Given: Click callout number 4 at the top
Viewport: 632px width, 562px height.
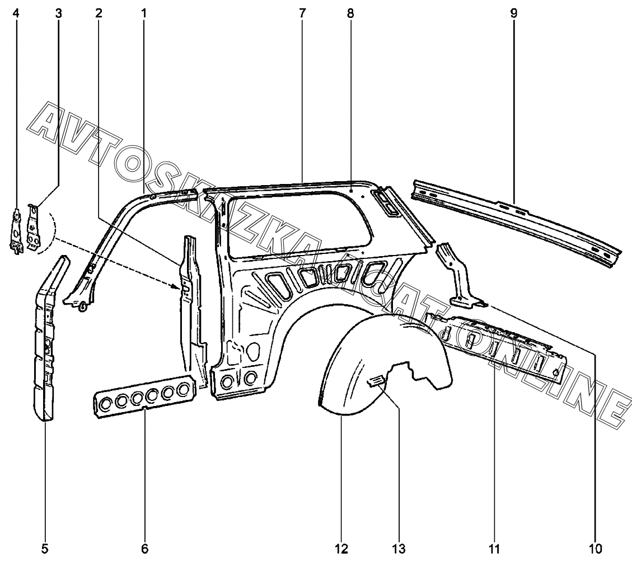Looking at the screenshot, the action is pyautogui.click(x=16, y=13).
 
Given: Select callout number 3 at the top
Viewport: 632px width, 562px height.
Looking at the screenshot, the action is pyautogui.click(x=59, y=13).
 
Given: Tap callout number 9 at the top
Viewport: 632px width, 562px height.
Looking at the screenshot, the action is pyautogui.click(x=513, y=13).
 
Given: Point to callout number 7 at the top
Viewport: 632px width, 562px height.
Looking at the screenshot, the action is pyautogui.click(x=302, y=13).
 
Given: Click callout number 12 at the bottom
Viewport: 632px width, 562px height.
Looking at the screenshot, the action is pyautogui.click(x=341, y=549).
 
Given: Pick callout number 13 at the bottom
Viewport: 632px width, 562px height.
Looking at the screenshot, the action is pyautogui.click(x=399, y=549).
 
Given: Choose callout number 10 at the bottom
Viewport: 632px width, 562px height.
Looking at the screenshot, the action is pyautogui.click(x=595, y=549).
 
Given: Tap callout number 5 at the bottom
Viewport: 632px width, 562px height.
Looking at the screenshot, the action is pyautogui.click(x=45, y=549).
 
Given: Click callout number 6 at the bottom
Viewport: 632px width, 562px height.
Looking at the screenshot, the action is pyautogui.click(x=144, y=549).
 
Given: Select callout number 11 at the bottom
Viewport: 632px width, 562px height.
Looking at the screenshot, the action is pyautogui.click(x=494, y=549).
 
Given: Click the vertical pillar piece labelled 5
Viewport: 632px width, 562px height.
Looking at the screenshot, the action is pyautogui.click(x=50, y=338).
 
